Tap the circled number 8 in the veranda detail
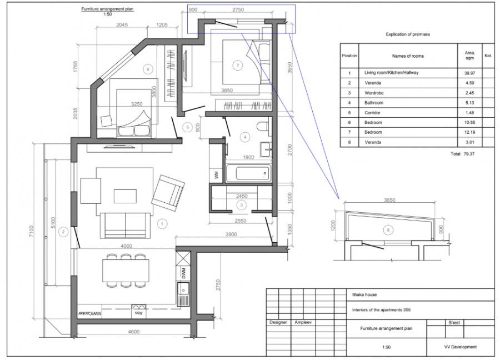pyautogui.click(x=388, y=229)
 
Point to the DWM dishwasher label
pyautogui.click(x=183, y=273)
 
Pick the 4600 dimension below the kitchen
pyautogui.click(x=133, y=332)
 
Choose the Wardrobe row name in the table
pyautogui.click(x=374, y=93)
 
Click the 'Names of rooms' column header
pyautogui.click(x=407, y=56)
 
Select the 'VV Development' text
pyautogui.click(x=460, y=347)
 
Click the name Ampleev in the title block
pyautogui.click(x=303, y=322)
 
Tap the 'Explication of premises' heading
pyautogui.click(x=408, y=34)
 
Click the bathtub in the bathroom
pyautogui.click(x=247, y=173)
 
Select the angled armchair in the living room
pyautogui.click(x=168, y=191)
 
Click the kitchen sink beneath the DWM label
pyautogui.click(x=183, y=289)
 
